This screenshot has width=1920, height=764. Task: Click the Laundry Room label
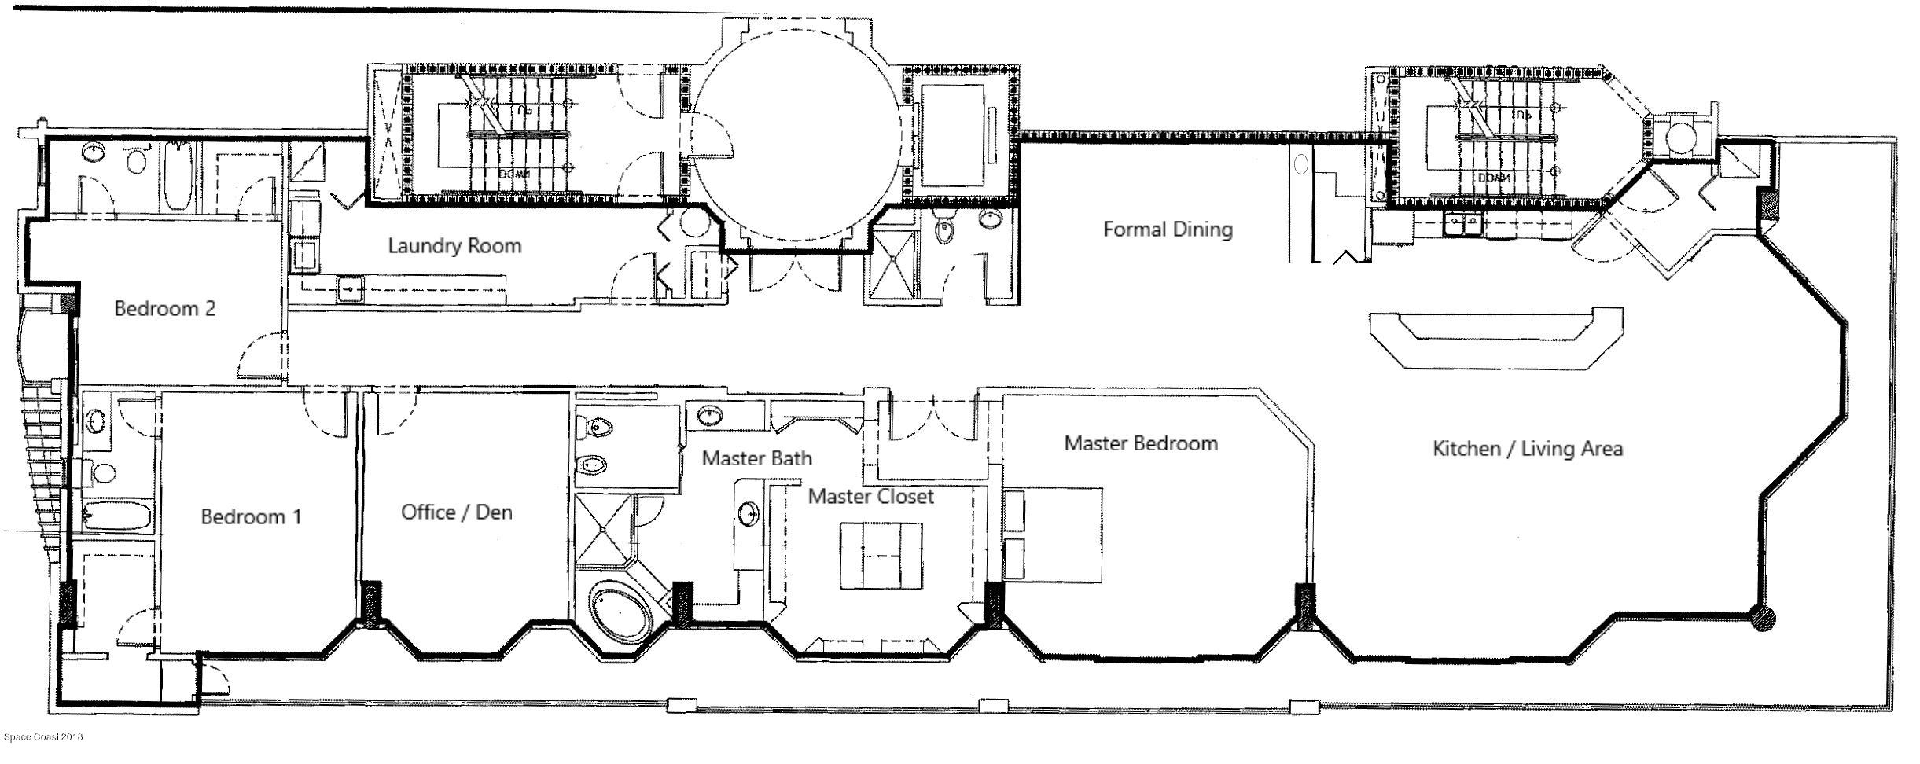pos(454,246)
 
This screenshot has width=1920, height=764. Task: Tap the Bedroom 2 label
pos(164,308)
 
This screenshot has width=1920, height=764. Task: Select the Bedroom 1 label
pos(251,517)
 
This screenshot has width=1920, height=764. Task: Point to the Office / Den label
pos(456,512)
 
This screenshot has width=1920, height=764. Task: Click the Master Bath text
pos(756,457)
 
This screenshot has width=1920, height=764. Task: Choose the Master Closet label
pos(870,497)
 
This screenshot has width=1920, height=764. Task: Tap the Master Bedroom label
pos(1141,443)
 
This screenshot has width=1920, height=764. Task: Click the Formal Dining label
pos(1168,230)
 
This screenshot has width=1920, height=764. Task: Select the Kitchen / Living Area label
pos(1528,449)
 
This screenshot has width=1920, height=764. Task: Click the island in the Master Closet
pos(881,555)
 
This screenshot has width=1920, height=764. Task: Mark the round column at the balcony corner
pos(1763,619)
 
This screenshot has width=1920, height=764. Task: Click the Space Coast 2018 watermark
pos(43,736)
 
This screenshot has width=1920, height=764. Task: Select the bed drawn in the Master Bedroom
pos(1057,534)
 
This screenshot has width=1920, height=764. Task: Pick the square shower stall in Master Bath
pos(603,530)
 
